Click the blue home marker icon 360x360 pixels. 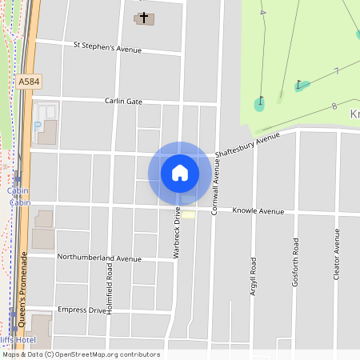coord(180,173)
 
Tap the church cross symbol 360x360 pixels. coord(144,17)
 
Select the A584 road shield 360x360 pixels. coord(28,82)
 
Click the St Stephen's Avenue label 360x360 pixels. coord(107,48)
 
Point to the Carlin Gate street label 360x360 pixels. coord(123,102)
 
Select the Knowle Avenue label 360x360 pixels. coord(258,211)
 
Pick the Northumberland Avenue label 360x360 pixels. coord(99,258)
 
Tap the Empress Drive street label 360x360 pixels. coord(87,310)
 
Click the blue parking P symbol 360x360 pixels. coord(37,126)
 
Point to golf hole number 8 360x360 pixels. coord(333,105)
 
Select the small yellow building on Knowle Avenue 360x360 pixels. coord(188,214)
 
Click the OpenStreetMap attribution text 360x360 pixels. coord(81,354)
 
